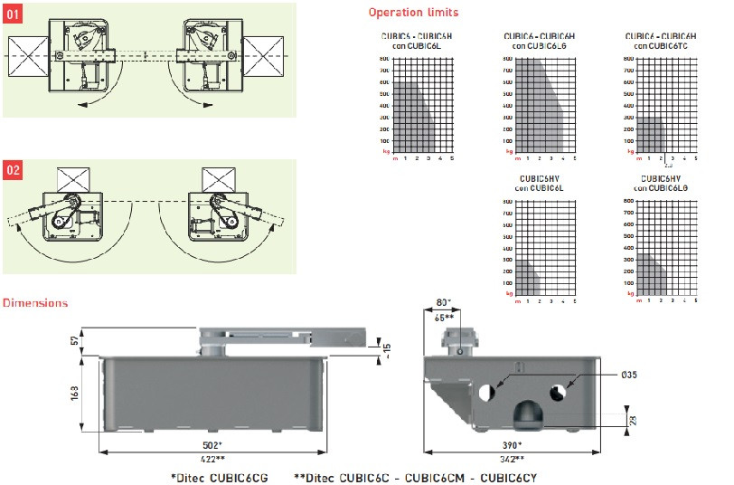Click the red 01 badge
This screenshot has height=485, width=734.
point(14,15)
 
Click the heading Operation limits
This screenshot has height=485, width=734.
point(413,13)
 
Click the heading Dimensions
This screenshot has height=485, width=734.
point(35,302)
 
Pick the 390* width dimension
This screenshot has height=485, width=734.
point(513,445)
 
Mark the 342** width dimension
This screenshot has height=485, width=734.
point(513,459)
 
